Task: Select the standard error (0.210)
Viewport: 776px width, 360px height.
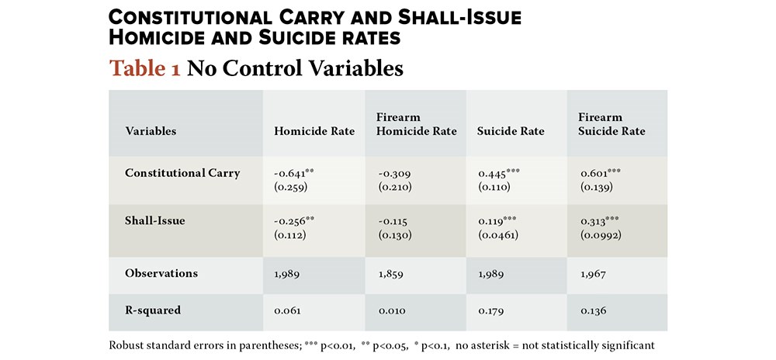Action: tap(394, 187)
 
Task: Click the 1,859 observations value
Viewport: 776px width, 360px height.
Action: tap(393, 274)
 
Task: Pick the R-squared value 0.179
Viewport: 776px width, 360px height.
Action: tap(490, 311)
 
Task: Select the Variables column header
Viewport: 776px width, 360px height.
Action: tap(151, 131)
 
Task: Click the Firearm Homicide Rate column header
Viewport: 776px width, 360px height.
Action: tap(416, 124)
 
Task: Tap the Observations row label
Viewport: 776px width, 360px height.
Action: tap(161, 273)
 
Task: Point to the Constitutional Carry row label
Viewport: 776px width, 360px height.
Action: tap(182, 173)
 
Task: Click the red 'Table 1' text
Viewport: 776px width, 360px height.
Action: tap(147, 68)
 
